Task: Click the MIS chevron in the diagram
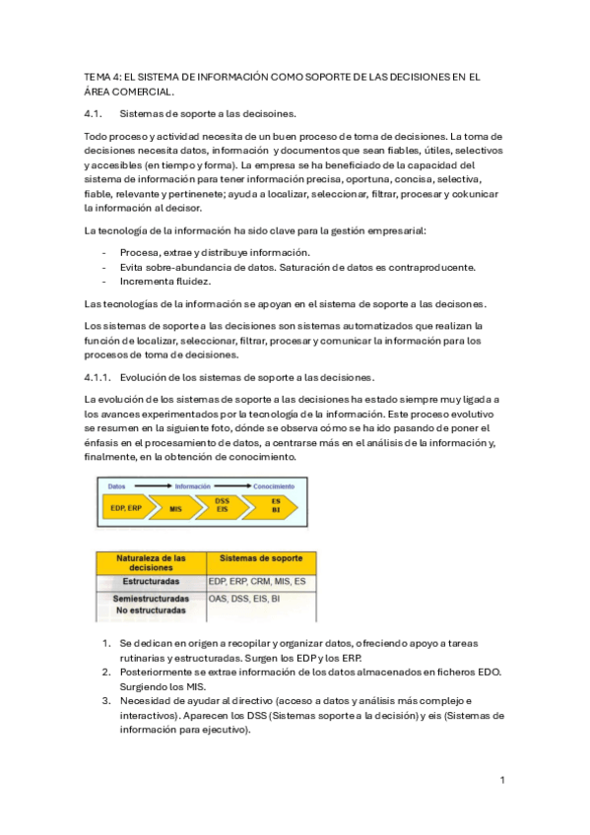[x=175, y=509]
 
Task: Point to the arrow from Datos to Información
[x=154, y=487]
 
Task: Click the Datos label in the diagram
[x=116, y=487]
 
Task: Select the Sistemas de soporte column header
[x=261, y=559]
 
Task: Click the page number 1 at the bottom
[x=502, y=780]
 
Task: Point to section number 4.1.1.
[x=98, y=377]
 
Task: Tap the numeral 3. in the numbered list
[x=106, y=701]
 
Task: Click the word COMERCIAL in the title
[x=145, y=92]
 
